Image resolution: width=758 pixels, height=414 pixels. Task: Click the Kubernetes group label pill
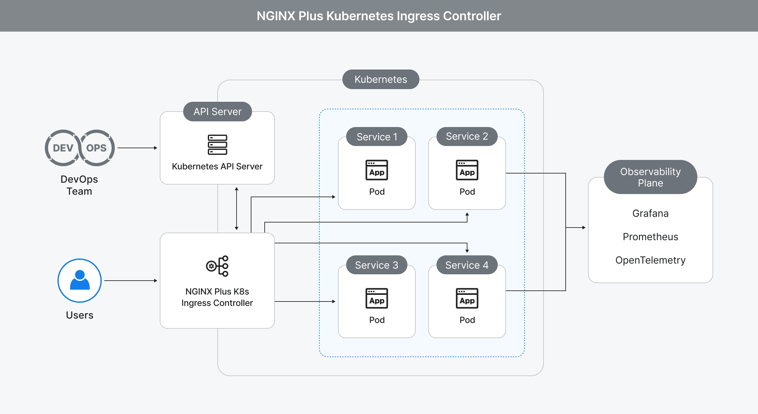(381, 79)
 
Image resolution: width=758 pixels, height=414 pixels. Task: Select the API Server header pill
(217, 112)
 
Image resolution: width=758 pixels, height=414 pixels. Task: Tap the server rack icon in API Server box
(217, 145)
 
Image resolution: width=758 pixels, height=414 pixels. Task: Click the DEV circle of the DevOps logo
(63, 148)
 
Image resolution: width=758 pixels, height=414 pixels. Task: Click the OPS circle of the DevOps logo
(97, 148)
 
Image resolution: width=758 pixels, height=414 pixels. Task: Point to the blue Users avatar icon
(80, 280)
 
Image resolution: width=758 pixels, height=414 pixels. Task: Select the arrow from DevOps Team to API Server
(137, 148)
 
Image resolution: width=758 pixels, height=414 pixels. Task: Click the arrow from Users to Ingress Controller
(130, 281)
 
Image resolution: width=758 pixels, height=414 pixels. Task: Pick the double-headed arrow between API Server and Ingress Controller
(237, 209)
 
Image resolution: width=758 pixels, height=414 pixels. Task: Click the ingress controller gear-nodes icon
(217, 266)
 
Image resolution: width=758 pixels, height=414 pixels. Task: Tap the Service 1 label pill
(377, 137)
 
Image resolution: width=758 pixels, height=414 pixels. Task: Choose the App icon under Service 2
(467, 170)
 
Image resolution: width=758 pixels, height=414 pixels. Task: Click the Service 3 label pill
(377, 265)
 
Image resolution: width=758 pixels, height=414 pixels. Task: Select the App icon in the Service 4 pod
(467, 298)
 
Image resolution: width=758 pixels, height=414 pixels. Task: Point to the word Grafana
(650, 213)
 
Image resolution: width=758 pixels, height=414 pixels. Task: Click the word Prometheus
(650, 237)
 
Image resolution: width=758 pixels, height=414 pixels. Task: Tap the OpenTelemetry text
(650, 260)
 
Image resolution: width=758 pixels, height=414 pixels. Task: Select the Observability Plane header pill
(650, 177)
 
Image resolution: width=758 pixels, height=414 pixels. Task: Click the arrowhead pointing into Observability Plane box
(584, 228)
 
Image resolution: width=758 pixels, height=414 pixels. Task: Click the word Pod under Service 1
(377, 192)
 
